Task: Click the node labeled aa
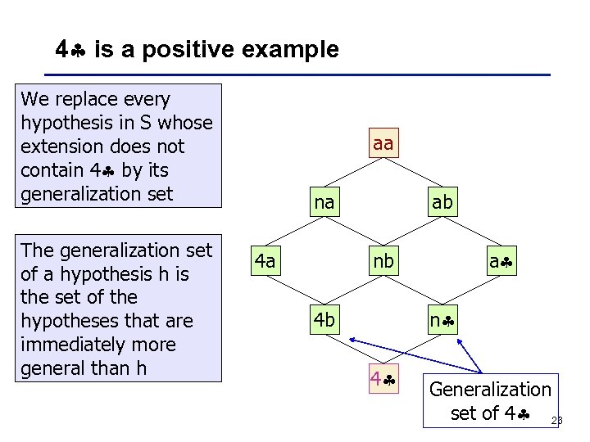[383, 144]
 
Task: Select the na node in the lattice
[324, 202]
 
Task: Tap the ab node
[442, 202]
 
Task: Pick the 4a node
[265, 261]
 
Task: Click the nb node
[383, 261]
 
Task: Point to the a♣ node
[501, 261]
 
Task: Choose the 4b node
[324, 320]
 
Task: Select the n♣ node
[442, 320]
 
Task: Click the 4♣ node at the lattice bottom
[383, 380]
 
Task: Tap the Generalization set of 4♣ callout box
[490, 401]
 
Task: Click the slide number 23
[557, 421]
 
